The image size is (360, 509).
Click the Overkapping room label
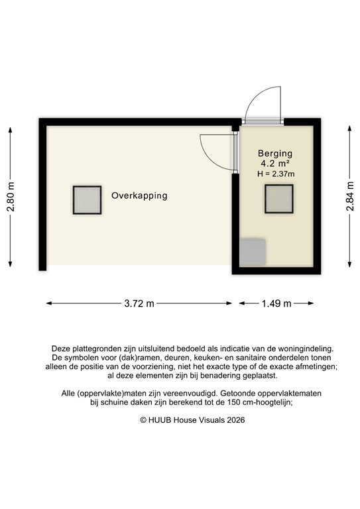(139, 196)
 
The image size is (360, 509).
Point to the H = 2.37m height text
(276, 174)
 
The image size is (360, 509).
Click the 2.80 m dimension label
(11, 198)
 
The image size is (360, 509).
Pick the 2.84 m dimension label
(349, 198)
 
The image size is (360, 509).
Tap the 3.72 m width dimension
(139, 304)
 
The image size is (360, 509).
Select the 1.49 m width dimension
(276, 304)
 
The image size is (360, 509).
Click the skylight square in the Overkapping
(87, 199)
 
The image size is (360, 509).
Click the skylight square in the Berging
(279, 198)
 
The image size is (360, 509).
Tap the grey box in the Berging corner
(253, 253)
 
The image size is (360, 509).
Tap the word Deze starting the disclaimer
(61, 348)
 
